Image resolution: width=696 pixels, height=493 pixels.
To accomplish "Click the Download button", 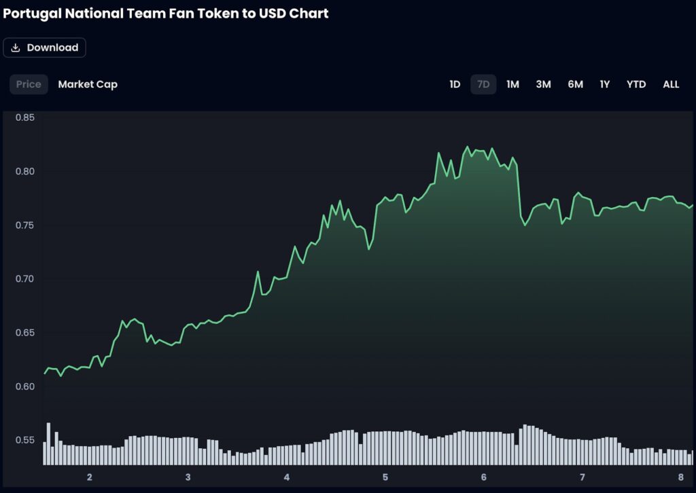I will (45, 48).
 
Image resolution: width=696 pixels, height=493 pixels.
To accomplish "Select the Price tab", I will (29, 84).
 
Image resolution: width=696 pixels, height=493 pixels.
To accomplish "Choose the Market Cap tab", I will (88, 84).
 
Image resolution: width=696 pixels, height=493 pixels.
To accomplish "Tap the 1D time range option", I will (455, 84).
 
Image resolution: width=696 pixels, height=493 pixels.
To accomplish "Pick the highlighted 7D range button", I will (483, 84).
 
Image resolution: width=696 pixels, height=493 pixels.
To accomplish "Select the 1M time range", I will (512, 84).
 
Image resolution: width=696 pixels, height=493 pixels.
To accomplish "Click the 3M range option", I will (543, 84).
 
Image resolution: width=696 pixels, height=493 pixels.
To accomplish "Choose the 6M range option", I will (575, 84).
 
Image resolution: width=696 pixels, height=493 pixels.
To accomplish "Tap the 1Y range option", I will (604, 84).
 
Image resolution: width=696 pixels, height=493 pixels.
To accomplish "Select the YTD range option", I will (636, 84).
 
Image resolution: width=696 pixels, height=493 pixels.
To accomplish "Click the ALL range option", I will (671, 84).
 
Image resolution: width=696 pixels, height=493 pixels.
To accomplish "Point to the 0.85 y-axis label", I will (25, 117).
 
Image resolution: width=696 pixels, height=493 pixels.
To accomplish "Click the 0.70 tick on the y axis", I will (25, 279).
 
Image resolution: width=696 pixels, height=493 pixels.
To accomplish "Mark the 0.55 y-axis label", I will (25, 440).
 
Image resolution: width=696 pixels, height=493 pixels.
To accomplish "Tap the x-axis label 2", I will (89, 477).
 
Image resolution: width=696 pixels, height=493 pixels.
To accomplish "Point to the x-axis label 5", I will (385, 477).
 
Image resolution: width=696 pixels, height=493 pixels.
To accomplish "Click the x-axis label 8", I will (680, 477).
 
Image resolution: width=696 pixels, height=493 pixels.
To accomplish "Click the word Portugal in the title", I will (29, 13).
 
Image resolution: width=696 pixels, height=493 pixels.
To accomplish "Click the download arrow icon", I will (16, 48).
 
